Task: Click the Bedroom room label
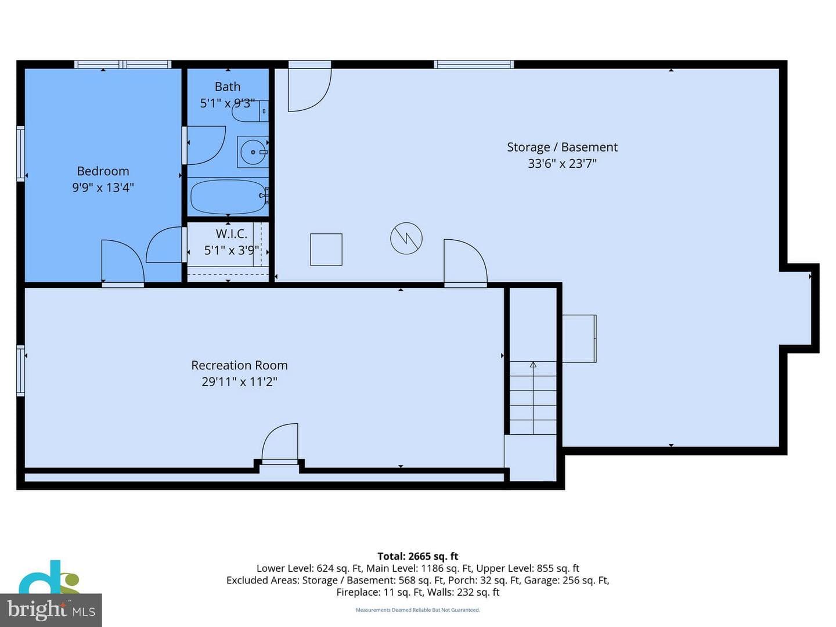pos(103,171)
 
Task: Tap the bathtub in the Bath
pos(228,197)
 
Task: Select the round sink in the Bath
pos(253,152)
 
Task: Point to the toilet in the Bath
pos(250,111)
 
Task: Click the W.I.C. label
pos(231,233)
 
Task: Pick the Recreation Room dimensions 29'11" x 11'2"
pos(239,381)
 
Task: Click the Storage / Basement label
pos(562,147)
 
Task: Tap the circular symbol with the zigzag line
pos(406,239)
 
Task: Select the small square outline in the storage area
pos(326,250)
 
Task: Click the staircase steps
pos(533,398)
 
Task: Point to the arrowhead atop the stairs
pos(533,365)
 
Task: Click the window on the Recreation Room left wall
pos(20,370)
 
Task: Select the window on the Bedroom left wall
pos(20,153)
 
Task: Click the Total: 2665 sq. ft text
pos(418,556)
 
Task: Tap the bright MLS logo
pos(51,610)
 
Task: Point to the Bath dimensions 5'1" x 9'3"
pos(228,103)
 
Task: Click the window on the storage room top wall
pos(474,64)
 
